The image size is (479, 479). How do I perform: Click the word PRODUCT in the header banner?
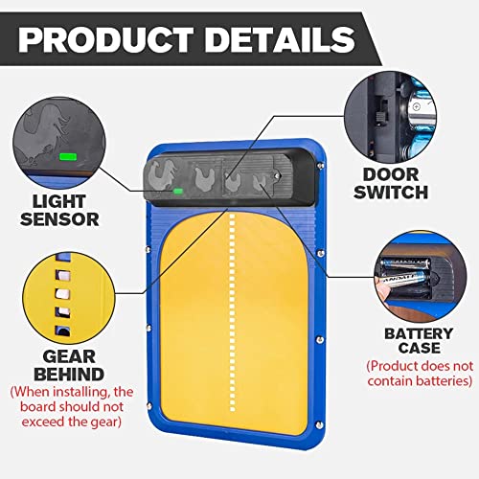click(x=106, y=39)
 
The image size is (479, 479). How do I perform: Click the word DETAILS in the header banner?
click(x=280, y=39)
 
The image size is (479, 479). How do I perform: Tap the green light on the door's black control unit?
click(x=178, y=192)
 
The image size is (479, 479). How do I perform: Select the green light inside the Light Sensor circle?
click(x=68, y=157)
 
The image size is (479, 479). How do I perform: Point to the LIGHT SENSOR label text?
click(x=59, y=211)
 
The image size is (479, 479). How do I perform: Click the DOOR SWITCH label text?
click(x=391, y=183)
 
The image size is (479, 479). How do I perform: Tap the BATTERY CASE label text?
click(x=419, y=340)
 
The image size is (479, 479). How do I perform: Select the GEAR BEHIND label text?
click(x=69, y=365)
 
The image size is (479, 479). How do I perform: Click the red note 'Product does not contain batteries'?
click(x=420, y=374)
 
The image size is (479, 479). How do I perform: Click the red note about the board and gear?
click(x=72, y=406)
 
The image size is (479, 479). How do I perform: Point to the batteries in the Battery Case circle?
click(x=405, y=272)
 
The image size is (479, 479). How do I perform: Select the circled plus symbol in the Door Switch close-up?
click(x=416, y=106)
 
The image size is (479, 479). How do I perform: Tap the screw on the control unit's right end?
click(x=277, y=175)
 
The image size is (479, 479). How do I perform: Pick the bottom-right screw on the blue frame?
click(x=318, y=424)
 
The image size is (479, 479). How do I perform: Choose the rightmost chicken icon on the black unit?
click(x=260, y=182)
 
